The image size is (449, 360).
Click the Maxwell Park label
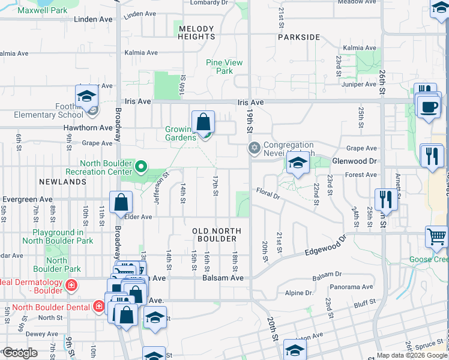click(x=43, y=11)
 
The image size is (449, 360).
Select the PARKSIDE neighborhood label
click(x=299, y=37)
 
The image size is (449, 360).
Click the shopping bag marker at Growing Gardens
click(x=204, y=122)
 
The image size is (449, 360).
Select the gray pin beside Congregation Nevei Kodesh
click(x=255, y=148)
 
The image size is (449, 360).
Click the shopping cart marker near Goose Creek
click(x=436, y=236)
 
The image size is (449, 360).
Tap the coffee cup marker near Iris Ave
click(x=429, y=108)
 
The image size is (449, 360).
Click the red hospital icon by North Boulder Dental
click(x=100, y=307)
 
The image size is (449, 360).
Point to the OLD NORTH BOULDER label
click(x=217, y=235)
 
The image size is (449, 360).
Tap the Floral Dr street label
click(x=268, y=195)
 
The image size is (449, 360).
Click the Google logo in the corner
click(x=20, y=353)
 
